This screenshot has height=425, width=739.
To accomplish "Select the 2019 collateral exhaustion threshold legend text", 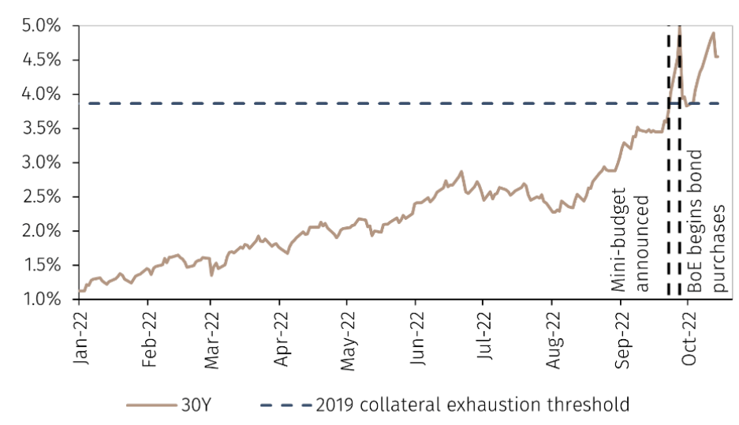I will point(472,405).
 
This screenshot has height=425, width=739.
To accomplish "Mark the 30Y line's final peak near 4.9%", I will point(713,33).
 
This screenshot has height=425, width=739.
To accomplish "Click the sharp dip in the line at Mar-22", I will point(211,275).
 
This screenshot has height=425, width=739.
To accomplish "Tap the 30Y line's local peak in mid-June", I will point(461,171).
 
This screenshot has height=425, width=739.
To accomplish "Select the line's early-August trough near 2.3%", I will point(555,211).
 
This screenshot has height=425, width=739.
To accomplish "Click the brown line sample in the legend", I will point(150,405).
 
